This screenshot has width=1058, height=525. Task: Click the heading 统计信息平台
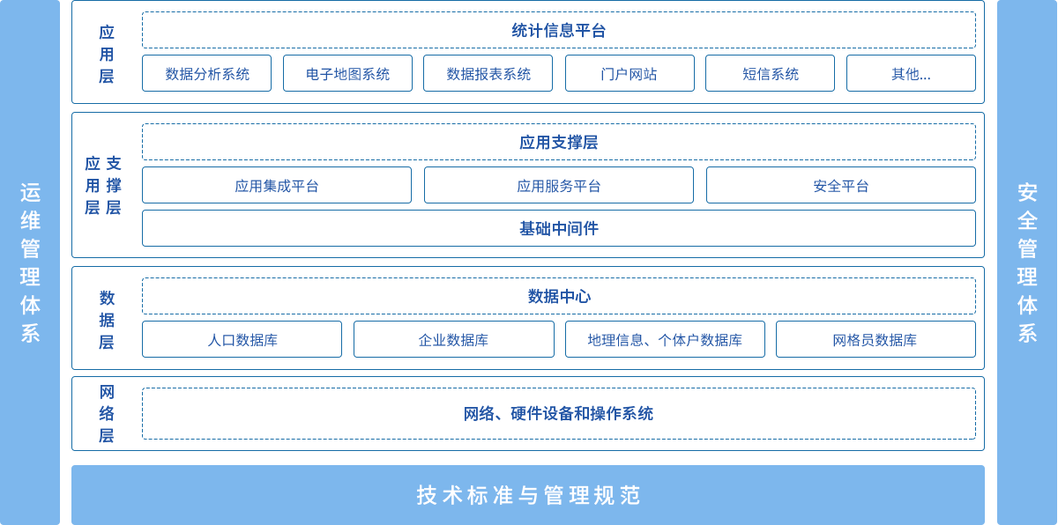[x=559, y=31]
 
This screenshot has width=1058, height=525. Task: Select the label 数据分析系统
[x=208, y=74]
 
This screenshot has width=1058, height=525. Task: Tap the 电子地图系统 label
[x=348, y=74]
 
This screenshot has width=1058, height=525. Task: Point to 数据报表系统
[x=489, y=74]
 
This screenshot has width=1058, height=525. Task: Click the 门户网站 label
[x=629, y=74]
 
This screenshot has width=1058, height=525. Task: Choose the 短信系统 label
[x=771, y=74]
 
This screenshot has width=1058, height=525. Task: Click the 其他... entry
[x=910, y=74]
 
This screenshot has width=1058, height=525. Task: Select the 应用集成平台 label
[x=277, y=186]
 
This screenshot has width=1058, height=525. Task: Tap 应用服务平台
[x=559, y=186]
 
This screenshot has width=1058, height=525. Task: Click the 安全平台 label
[x=841, y=186]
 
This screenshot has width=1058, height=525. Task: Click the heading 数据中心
[x=559, y=297]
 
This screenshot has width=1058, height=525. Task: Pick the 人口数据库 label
[x=242, y=340]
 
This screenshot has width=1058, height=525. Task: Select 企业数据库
[x=454, y=340]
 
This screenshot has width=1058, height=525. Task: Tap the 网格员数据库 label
[x=875, y=340]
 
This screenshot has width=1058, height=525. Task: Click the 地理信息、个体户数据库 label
[x=666, y=340]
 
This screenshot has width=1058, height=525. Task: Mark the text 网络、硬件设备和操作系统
[x=559, y=413]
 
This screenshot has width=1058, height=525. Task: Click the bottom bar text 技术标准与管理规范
[x=528, y=495]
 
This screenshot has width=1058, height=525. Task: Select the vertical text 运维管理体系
[x=30, y=262]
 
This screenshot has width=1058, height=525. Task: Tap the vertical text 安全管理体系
[x=1027, y=262]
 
